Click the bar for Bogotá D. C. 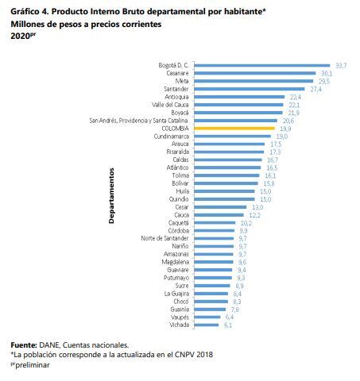point(262,66)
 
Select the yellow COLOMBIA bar point(234,128)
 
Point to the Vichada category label point(179,325)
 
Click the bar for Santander point(250,89)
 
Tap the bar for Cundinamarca point(233,136)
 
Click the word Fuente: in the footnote point(23,345)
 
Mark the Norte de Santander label point(165,238)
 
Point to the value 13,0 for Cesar point(257,206)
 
